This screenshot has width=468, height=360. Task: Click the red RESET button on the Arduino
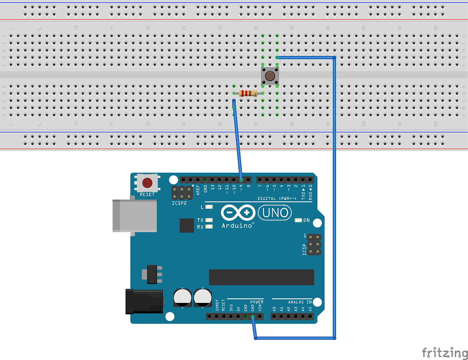pos(147,183)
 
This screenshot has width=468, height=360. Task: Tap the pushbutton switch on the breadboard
pos(270,76)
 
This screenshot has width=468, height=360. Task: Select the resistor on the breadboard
pos(248,93)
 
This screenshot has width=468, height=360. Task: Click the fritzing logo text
pos(445,353)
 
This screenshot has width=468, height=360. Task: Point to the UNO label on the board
pos(275,213)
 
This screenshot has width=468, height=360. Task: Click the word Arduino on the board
pos(237,226)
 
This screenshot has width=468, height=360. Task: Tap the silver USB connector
pos(134,215)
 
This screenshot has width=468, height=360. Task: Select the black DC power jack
pos(144,301)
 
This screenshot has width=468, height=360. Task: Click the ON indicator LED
pos(298,220)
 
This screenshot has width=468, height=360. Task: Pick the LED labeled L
pos(209,207)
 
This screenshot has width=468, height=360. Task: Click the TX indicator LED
pos(209,220)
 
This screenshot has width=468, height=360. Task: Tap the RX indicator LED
pos(209,227)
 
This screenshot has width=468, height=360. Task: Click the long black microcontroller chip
pos(261,277)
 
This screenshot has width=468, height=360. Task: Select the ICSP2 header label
pos(179,203)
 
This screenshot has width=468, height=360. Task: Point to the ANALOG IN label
pos(300,302)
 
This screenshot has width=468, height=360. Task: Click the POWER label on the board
pos(257,302)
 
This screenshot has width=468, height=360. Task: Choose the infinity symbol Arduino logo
pos(238,213)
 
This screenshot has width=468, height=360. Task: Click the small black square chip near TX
pos(186,225)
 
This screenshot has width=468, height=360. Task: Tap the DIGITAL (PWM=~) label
pos(277,199)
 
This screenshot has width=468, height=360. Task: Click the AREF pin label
pos(198,189)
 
